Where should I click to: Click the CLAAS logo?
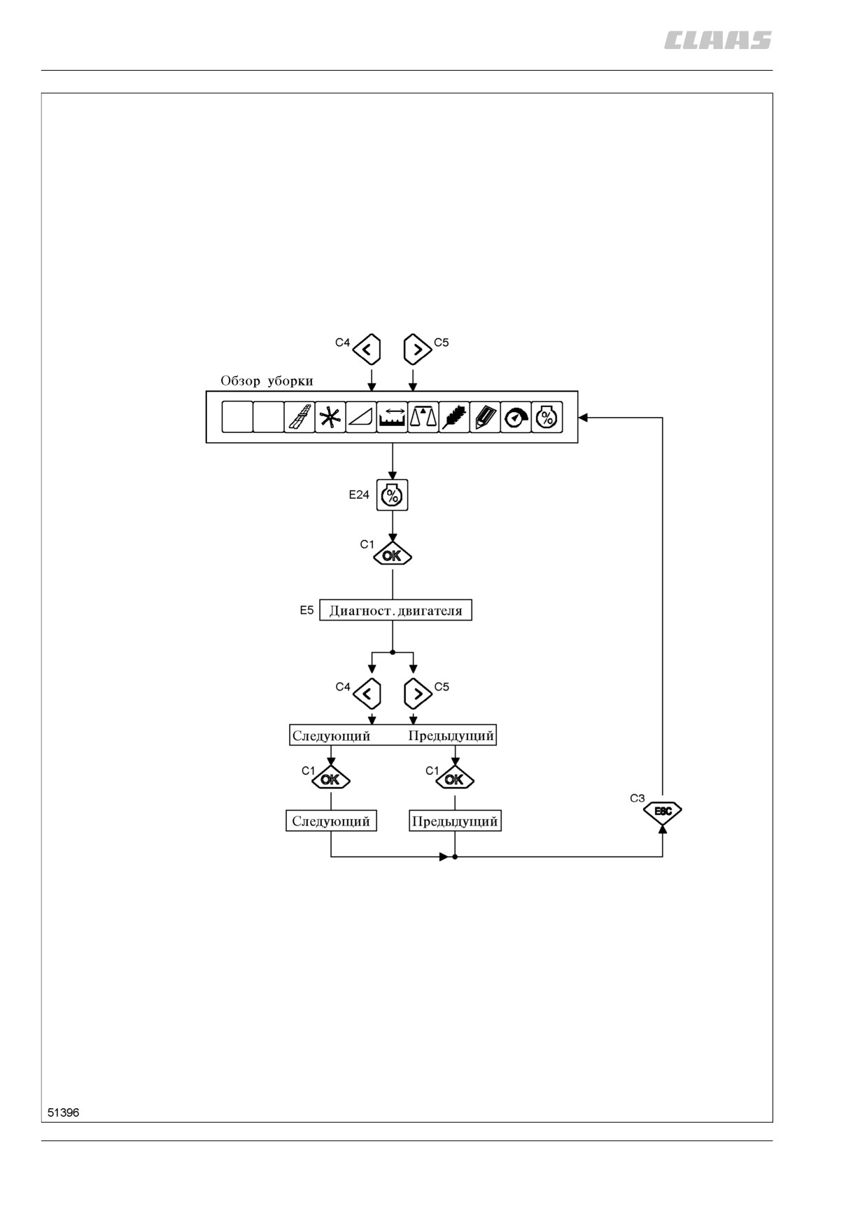[718, 41]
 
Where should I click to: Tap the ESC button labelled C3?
[662, 811]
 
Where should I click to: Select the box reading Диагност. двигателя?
[395, 610]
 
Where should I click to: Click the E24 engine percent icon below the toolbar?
[392, 495]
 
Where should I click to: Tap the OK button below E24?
[393, 555]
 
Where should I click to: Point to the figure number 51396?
[64, 1112]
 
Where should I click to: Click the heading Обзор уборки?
[267, 381]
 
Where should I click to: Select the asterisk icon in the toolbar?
[330, 417]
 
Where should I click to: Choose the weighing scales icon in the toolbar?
[423, 417]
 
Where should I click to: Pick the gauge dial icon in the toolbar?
[516, 417]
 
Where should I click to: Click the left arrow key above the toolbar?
[367, 348]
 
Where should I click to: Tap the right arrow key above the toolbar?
[418, 348]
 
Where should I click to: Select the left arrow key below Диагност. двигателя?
[367, 694]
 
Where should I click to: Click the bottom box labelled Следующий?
[331, 821]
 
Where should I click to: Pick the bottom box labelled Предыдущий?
[455, 821]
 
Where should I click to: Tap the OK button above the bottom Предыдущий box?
[455, 779]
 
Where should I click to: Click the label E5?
[306, 610]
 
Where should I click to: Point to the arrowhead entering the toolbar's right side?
[583, 418]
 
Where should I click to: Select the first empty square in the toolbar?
[237, 417]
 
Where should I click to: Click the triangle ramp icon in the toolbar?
[361, 417]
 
